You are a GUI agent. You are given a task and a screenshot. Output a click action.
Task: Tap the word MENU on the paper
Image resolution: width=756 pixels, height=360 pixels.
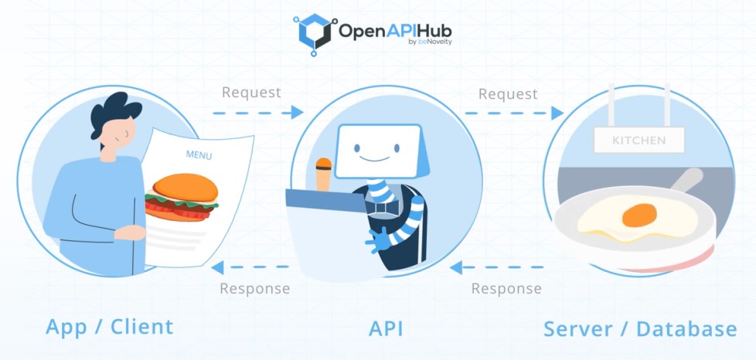click(199, 155)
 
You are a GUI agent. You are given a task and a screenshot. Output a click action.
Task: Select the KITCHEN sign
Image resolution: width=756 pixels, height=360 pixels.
click(639, 141)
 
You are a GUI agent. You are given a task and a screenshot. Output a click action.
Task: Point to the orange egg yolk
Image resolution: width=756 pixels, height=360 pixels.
click(639, 215)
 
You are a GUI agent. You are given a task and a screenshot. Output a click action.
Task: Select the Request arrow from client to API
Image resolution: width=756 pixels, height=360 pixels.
click(257, 114)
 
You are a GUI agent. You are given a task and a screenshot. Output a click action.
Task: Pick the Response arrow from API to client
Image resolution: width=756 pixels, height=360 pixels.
click(250, 267)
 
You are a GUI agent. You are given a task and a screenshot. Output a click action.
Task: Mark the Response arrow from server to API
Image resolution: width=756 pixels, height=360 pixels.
click(499, 267)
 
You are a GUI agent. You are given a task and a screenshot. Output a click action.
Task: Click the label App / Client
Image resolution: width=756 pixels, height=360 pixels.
click(109, 326)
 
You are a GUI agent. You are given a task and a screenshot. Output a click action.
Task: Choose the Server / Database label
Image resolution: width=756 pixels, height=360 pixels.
click(639, 328)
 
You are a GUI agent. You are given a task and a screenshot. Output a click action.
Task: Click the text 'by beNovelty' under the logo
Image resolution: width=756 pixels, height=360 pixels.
click(429, 42)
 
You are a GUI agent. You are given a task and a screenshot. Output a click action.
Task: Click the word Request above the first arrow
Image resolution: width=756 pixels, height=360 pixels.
click(251, 92)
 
